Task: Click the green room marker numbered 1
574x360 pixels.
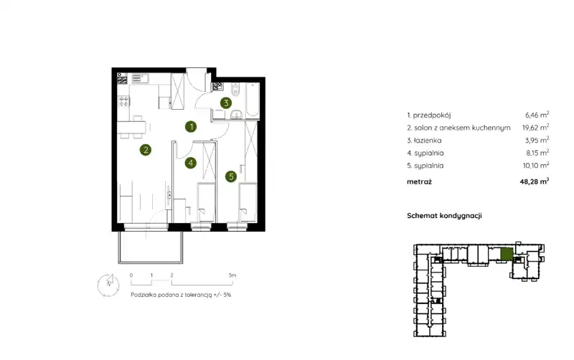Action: pos(191,127)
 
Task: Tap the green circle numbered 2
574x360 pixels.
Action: pos(146,150)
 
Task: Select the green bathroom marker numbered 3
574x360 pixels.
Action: pos(226,103)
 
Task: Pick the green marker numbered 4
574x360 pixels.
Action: pos(190,163)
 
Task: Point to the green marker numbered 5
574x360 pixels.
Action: pos(231,176)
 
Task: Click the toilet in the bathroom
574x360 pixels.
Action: pos(235,89)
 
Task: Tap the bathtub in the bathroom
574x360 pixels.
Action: pos(253,100)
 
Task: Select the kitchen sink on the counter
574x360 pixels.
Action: pos(140,78)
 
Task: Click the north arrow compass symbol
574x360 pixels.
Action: pos(108,285)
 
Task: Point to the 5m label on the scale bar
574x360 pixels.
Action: pos(232,275)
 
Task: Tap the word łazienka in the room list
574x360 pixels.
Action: pos(428,140)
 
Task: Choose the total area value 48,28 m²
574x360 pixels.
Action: pos(535,181)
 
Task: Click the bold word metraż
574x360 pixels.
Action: pos(420,181)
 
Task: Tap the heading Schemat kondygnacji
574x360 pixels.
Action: pos(444,215)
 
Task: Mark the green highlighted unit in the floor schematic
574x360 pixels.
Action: pos(507,255)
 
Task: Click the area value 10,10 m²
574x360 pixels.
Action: pos(536,166)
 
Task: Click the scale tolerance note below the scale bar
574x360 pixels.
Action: pos(181,295)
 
